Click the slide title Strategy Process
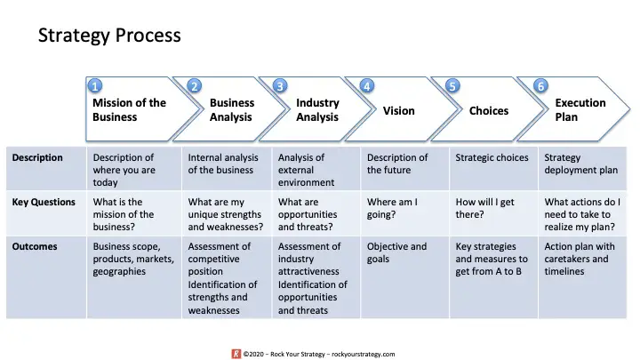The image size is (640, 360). [109, 36]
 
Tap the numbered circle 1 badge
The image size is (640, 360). [95, 86]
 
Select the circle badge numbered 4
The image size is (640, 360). [366, 86]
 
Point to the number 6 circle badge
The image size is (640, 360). [540, 86]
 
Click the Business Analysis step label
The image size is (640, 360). [232, 110]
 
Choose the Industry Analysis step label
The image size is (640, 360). [317, 110]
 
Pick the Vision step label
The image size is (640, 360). [399, 110]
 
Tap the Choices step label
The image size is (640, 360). [489, 110]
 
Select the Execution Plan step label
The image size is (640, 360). [580, 110]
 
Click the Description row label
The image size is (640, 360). [37, 157]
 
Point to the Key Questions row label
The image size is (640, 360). [44, 202]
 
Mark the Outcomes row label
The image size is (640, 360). [35, 246]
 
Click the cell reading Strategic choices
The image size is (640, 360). [492, 157]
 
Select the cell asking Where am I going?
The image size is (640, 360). [392, 208]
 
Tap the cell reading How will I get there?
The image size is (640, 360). [485, 208]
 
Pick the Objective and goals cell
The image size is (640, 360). [396, 252]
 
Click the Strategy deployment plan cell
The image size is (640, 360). [580, 164]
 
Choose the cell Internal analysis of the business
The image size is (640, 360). [223, 164]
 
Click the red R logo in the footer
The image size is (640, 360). [236, 354]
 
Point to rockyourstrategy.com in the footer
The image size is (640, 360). [364, 355]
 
